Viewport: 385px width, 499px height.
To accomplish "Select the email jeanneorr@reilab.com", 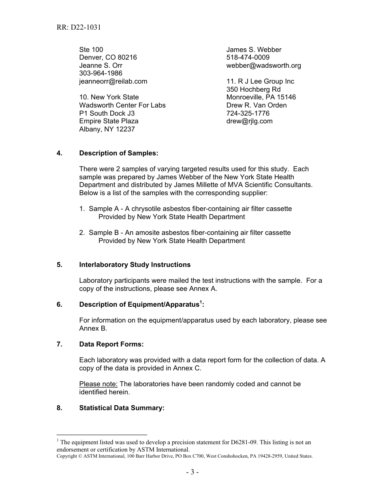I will (x=113, y=81).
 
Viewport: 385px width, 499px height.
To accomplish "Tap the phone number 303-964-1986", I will (x=101, y=73).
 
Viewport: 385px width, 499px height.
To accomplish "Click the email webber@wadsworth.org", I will (x=263, y=65).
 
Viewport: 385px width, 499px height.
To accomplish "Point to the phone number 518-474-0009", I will (x=248, y=58).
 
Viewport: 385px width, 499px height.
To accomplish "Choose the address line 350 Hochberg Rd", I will (x=253, y=89).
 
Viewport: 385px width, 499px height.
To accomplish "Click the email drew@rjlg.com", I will (x=249, y=121).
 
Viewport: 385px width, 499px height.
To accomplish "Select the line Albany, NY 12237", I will (x=107, y=129).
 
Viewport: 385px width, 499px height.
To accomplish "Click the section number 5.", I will (x=60, y=265).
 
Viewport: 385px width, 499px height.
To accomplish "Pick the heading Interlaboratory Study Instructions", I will (x=135, y=265).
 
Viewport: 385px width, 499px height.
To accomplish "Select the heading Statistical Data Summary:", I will (x=122, y=408).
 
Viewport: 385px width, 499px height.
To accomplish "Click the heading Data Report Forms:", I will (x=111, y=344).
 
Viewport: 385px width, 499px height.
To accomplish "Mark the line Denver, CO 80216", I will (x=108, y=58).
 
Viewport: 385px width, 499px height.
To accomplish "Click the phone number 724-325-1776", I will (x=248, y=113).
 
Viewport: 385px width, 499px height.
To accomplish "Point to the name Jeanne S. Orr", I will (x=101, y=65).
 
